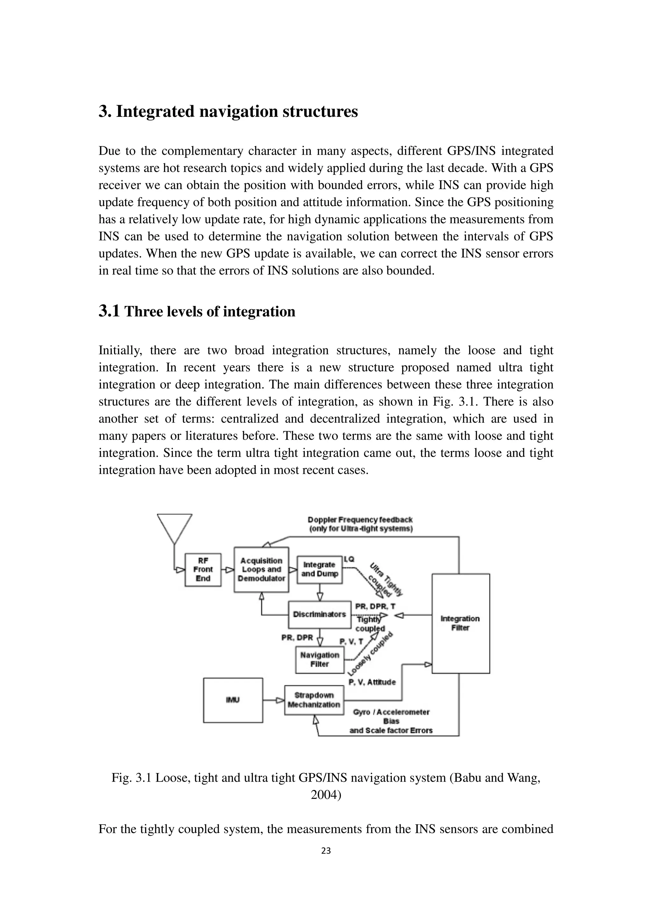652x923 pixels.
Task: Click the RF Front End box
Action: point(203,570)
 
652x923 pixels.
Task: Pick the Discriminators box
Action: point(319,614)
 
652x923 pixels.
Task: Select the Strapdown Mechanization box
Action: point(314,700)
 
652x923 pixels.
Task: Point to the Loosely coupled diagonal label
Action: point(370,655)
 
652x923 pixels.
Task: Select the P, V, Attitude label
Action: point(372,682)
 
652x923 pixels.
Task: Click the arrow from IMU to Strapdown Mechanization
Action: point(274,700)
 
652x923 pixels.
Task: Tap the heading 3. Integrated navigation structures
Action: point(228,111)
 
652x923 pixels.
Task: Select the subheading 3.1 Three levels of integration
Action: point(197,311)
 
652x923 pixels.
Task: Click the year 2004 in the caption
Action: point(326,795)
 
